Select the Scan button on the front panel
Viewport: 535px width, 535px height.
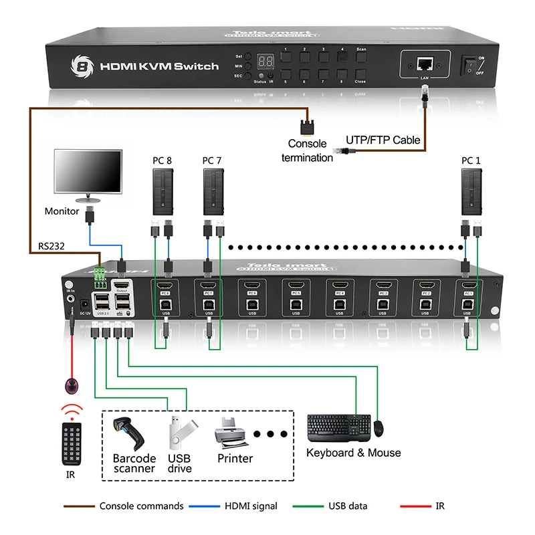click(360, 58)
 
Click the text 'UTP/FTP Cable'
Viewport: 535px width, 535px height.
click(383, 140)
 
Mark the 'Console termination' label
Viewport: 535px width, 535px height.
click(307, 150)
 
